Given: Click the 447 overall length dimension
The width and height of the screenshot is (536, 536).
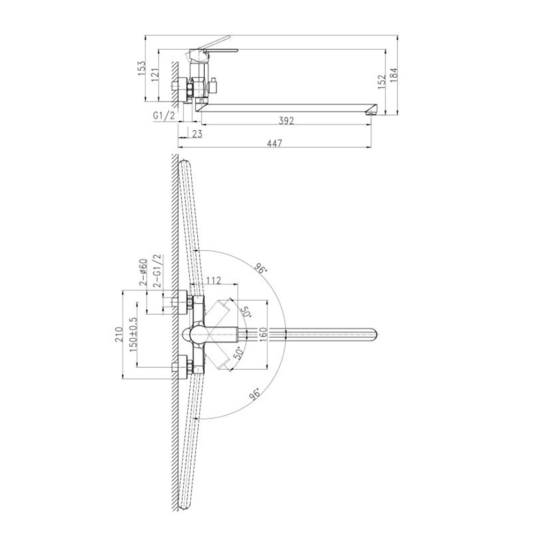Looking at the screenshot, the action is (275, 143).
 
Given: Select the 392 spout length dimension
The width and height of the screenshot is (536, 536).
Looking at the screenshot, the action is (286, 121).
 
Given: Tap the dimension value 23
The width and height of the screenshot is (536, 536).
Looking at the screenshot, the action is (197, 133).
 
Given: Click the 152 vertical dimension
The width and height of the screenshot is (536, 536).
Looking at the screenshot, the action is (382, 82).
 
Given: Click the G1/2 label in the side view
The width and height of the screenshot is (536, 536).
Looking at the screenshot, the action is (164, 116).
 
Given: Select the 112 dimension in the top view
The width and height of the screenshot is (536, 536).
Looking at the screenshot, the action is (214, 280).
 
